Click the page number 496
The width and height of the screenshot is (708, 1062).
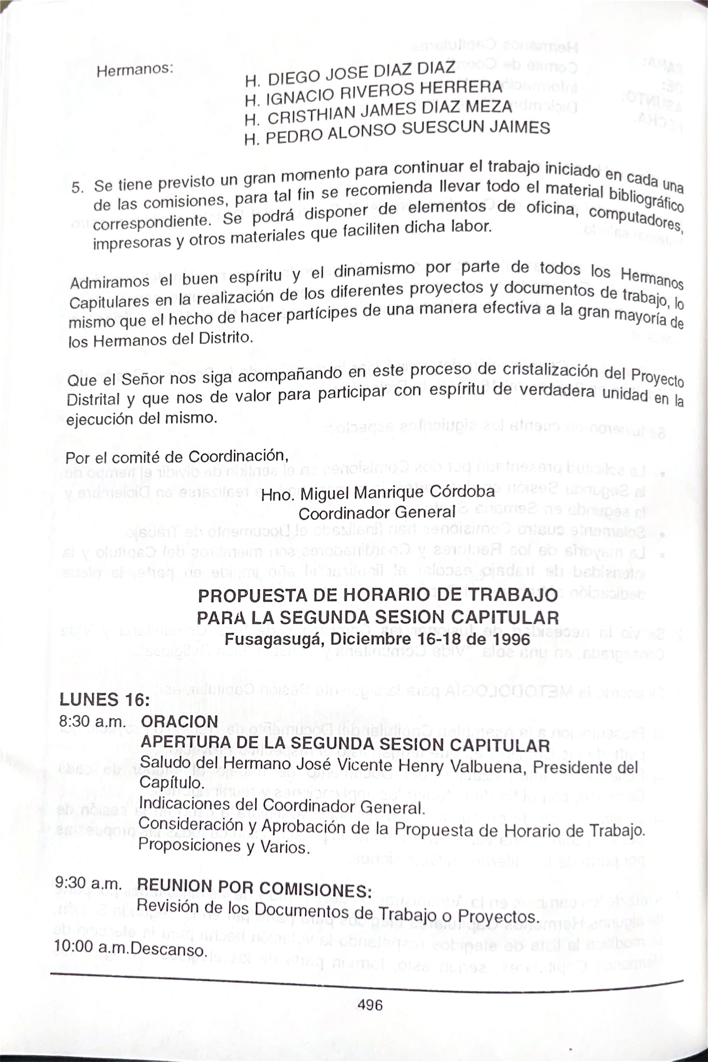[370, 1004]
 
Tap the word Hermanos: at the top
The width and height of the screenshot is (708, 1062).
[135, 70]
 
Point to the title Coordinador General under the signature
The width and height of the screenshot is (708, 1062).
[377, 513]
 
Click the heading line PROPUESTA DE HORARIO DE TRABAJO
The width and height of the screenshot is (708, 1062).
[378, 596]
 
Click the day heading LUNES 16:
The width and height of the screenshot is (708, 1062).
[104, 700]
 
